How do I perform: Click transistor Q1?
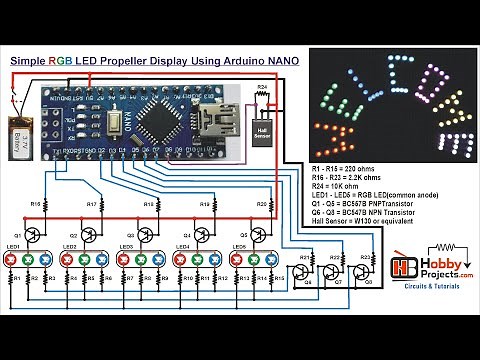pyautogui.click(x=33, y=236)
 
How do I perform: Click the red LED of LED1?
pyautogui.click(x=11, y=260)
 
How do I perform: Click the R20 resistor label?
pyautogui.click(x=260, y=204)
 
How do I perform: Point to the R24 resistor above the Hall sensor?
pyautogui.click(x=263, y=97)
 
